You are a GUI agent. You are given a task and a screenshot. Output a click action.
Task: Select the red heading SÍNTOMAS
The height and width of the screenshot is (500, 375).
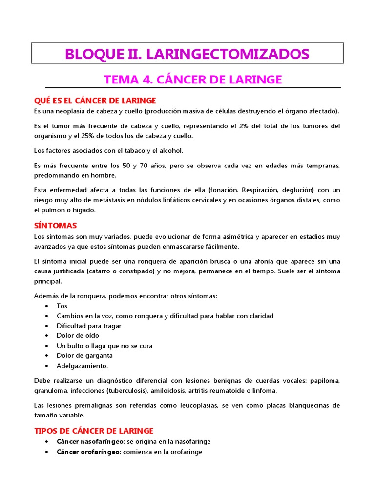tap(55, 226)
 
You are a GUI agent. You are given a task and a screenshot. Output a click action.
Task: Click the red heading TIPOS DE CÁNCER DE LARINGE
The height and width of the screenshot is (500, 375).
tap(94, 431)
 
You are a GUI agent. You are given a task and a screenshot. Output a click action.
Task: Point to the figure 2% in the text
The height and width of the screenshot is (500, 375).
tap(244, 126)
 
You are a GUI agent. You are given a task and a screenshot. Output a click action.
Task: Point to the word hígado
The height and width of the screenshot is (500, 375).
tap(84, 210)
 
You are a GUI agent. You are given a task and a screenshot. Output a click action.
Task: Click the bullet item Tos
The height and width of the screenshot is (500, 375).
tap(62, 306)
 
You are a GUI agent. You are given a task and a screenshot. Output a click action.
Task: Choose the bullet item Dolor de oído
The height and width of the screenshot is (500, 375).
tap(78, 335)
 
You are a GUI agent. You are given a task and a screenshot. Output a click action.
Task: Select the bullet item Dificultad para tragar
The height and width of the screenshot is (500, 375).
tap(89, 326)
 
